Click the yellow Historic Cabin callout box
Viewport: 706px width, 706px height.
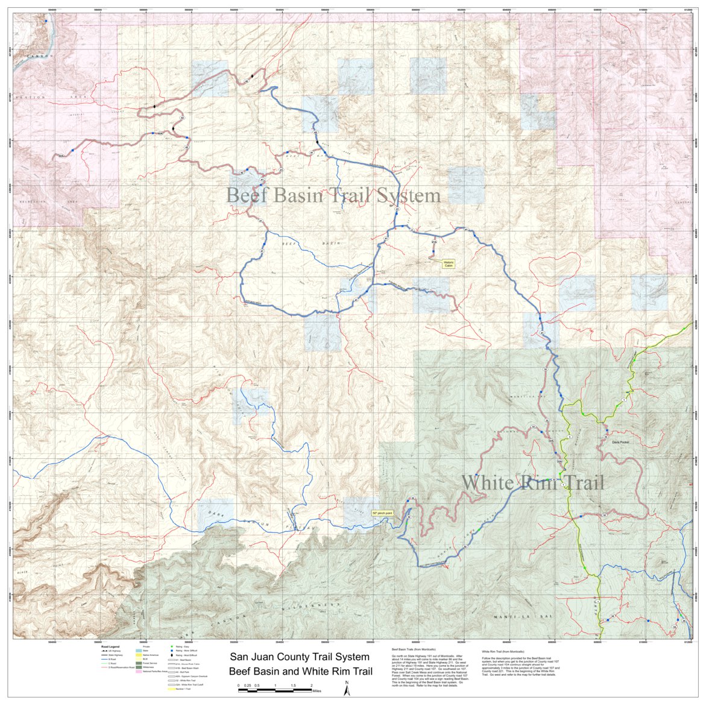[449, 263]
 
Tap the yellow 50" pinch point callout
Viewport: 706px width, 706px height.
[382, 512]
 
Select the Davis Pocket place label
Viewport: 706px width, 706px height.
[620, 442]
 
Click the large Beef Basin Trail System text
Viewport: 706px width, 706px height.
[333, 195]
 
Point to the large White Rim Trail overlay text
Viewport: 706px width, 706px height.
[532, 482]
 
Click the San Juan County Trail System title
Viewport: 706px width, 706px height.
[300, 657]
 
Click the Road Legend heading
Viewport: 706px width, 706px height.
[110, 646]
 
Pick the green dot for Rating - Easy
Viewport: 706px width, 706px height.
[172, 647]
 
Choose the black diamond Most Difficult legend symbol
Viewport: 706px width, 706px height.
[172, 656]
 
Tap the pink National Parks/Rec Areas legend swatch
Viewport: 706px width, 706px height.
[139, 672]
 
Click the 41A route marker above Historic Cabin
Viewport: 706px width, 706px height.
[433, 243]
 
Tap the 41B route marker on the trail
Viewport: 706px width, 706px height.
[417, 289]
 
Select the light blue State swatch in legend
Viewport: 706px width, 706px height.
[139, 651]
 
